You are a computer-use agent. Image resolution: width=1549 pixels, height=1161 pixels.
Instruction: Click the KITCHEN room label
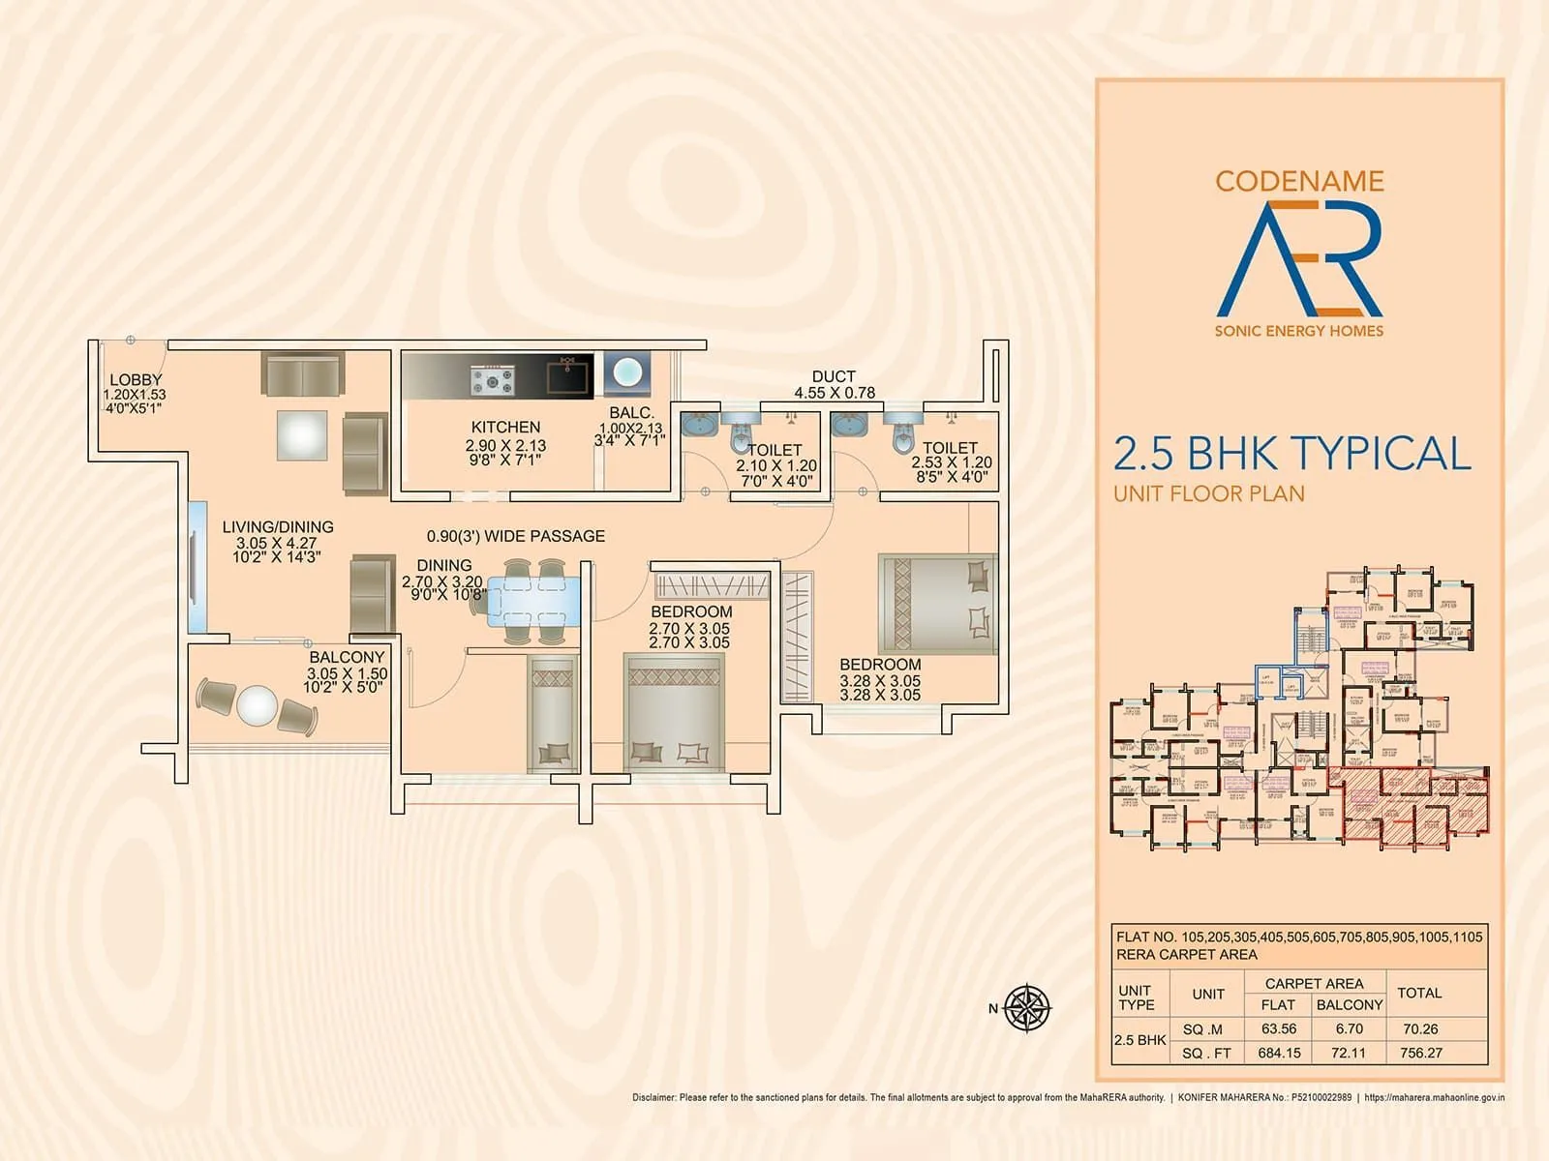505,427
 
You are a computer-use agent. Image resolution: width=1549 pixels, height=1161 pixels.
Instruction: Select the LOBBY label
136,380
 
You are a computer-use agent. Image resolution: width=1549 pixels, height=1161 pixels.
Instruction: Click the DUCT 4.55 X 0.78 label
834,384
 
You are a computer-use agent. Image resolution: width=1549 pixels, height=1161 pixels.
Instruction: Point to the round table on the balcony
257,705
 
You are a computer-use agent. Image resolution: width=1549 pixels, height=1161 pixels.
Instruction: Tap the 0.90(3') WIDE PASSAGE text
516,536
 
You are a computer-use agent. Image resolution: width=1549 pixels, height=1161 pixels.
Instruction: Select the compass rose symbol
1027,1007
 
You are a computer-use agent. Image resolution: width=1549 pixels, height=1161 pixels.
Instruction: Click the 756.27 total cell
1420,1053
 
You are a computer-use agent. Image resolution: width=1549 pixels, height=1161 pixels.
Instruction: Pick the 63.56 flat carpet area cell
1279,1028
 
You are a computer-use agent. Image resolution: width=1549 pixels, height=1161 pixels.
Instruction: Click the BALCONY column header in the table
1349,1005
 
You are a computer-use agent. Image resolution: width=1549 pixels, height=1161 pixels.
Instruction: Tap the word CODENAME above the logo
1299,181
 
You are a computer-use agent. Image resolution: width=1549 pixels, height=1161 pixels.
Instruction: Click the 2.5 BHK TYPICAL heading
1291,454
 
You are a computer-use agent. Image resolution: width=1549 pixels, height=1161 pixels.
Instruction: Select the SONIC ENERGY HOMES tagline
1299,331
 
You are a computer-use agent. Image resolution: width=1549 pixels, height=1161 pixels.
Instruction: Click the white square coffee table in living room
302,435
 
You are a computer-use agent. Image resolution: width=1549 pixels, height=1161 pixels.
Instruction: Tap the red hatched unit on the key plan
1413,801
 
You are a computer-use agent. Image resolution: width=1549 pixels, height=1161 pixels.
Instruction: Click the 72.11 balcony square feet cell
1348,1053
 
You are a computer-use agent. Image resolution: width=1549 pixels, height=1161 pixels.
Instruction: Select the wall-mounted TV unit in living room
197,567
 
